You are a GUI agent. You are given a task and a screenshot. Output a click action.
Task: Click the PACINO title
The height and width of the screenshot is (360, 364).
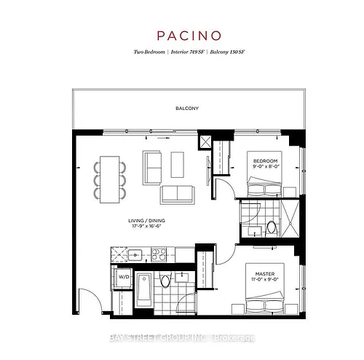coord(189,36)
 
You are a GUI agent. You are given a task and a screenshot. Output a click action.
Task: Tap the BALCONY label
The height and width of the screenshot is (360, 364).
coord(187,109)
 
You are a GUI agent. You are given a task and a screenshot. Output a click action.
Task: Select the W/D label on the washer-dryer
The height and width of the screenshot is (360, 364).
coord(124,277)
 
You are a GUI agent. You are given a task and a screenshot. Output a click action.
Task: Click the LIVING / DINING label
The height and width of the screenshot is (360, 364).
coord(147,221)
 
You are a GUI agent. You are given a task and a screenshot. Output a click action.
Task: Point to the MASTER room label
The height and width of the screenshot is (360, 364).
coord(265,274)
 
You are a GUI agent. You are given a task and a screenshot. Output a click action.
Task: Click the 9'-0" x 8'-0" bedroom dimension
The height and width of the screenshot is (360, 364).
coord(266,166)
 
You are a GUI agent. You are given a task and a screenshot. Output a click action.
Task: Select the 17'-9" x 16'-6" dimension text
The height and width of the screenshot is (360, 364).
coord(146,226)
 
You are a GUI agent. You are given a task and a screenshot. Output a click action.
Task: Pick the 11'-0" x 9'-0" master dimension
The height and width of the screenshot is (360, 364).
coord(265,279)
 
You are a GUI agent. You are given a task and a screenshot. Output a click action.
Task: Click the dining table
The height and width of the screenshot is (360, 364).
coord(110,179)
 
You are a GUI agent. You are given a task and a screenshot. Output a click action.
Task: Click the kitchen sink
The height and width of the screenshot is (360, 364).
coord(135,255)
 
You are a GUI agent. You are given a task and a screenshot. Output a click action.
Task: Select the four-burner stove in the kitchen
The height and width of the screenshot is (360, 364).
coord(159,254)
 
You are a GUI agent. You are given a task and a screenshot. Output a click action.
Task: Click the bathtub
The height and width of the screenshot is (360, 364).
coord(144,290)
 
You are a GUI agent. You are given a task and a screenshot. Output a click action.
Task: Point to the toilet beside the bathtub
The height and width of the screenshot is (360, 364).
coord(165,281)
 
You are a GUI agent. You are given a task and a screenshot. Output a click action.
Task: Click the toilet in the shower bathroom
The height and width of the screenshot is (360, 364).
coord(272,229)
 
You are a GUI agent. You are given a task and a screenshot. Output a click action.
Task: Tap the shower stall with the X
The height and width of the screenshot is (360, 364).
coord(290,218)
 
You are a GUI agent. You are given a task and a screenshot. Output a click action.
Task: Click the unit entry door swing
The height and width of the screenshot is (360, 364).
coord(90,301)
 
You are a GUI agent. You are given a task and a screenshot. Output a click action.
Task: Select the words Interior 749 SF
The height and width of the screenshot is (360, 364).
coord(187,52)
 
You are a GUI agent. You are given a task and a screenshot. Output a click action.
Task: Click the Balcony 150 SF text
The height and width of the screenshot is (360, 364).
coord(227,52)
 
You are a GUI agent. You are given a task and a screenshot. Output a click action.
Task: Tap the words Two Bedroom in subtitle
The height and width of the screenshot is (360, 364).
coord(149,52)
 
